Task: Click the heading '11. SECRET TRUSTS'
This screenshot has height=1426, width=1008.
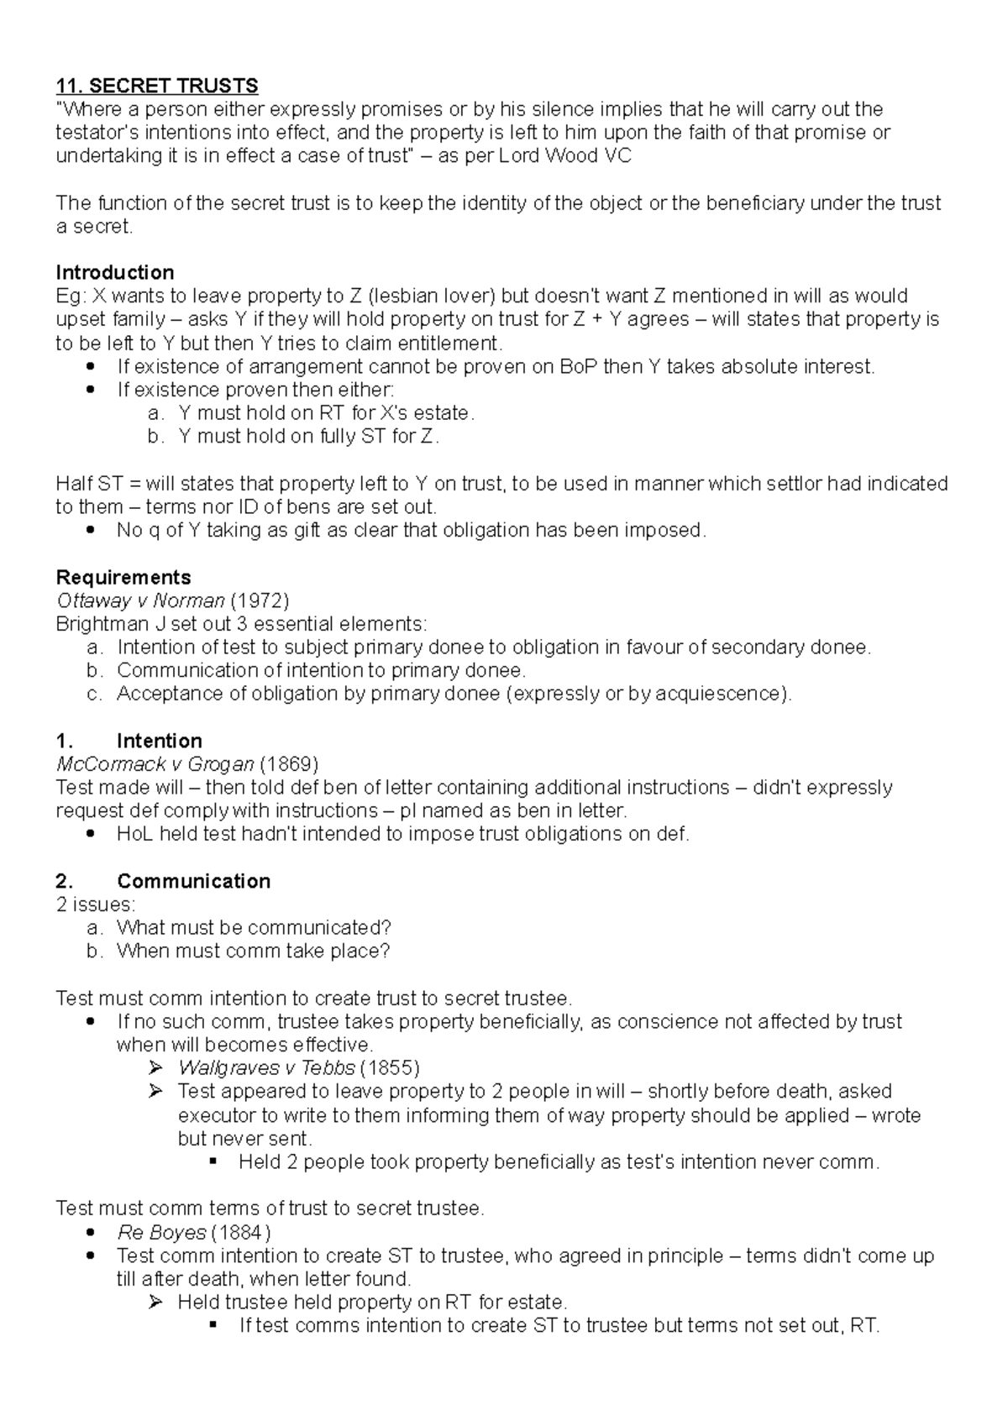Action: (156, 86)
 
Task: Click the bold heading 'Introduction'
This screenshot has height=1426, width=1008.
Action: (114, 272)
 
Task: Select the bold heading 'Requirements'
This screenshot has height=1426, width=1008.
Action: (123, 577)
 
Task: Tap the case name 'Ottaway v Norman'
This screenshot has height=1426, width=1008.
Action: (139, 600)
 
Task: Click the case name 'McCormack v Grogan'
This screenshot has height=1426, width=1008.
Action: (155, 764)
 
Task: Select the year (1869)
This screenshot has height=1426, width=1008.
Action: (288, 764)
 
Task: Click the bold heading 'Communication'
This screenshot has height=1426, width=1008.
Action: (193, 881)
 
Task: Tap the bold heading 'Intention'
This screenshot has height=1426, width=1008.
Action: (159, 741)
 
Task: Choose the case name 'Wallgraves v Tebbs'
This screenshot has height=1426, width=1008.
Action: (265, 1068)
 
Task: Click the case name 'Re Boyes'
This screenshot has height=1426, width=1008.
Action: (161, 1232)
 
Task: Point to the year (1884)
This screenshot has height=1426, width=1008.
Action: (240, 1232)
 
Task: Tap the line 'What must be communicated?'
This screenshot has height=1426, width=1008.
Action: (254, 928)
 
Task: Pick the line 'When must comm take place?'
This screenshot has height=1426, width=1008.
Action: (253, 951)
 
